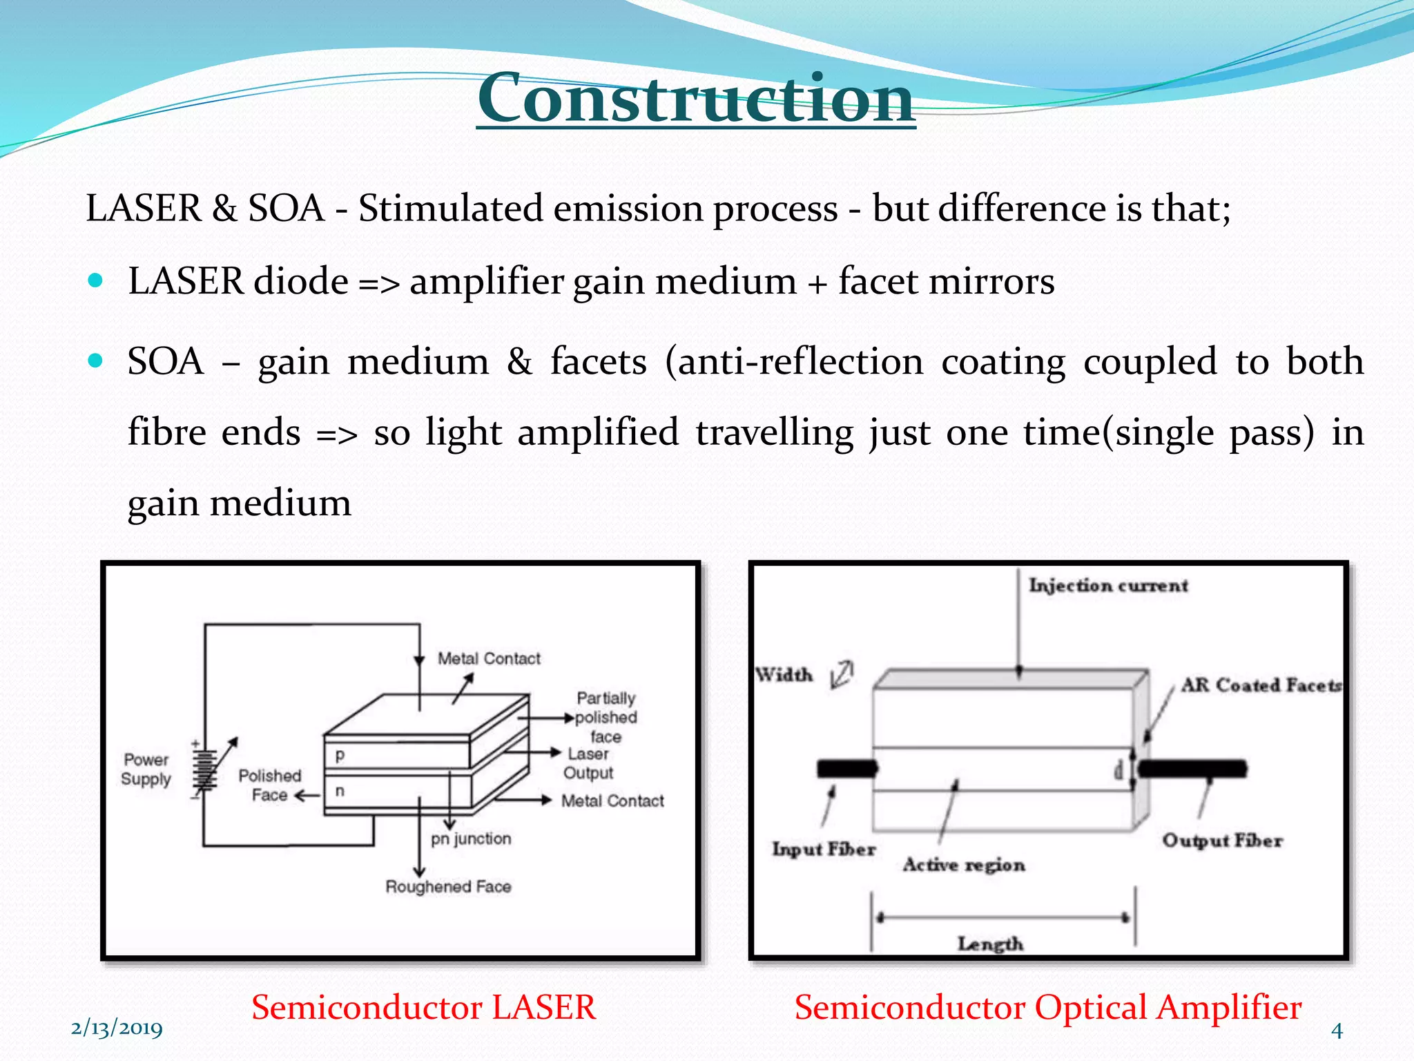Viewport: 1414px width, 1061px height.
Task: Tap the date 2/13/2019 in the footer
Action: click(117, 1029)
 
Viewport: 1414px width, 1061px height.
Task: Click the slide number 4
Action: click(1337, 1031)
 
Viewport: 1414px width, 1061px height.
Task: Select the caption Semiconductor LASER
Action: click(423, 1006)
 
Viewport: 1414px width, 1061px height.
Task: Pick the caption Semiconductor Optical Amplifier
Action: click(1047, 1006)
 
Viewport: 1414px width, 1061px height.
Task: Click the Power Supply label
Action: click(146, 769)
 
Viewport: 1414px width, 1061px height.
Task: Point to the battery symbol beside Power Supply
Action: click(204, 770)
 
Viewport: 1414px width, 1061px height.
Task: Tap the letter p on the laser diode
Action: click(340, 755)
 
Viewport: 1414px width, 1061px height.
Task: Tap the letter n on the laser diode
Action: click(340, 790)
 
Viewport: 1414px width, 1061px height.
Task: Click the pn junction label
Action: click(471, 839)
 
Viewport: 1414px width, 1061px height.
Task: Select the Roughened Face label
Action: click(448, 886)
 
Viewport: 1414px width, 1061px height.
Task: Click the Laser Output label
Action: click(588, 763)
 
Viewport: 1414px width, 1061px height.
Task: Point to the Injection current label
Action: click(1108, 586)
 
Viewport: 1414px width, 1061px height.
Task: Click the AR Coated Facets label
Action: click(1261, 685)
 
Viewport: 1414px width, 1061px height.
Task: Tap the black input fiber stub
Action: click(846, 769)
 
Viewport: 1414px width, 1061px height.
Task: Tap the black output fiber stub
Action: click(1192, 769)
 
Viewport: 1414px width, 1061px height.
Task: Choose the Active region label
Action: click(964, 865)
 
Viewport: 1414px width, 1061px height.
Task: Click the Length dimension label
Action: click(990, 944)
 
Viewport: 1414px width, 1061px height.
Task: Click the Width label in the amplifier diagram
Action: click(784, 675)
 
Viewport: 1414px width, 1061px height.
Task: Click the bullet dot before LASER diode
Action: click(96, 280)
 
